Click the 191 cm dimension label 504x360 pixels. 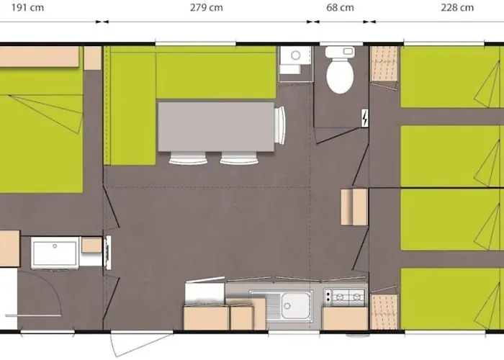27,7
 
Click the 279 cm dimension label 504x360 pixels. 207,7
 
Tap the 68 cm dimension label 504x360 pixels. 340,7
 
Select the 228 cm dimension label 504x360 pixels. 457,7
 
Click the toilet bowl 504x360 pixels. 340,76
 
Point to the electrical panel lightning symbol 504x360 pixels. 365,118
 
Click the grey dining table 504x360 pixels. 216,127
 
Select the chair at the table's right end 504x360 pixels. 280,125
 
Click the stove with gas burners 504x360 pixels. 345,297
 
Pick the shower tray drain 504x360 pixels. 55,246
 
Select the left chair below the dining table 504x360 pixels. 188,158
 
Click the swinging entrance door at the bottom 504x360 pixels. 141,343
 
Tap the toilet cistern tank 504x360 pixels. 340,52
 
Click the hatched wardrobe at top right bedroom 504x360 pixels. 384,63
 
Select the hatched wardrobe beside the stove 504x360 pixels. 384,311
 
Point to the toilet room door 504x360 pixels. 338,135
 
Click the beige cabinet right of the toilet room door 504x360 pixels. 354,207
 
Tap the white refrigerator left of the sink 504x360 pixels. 204,293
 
